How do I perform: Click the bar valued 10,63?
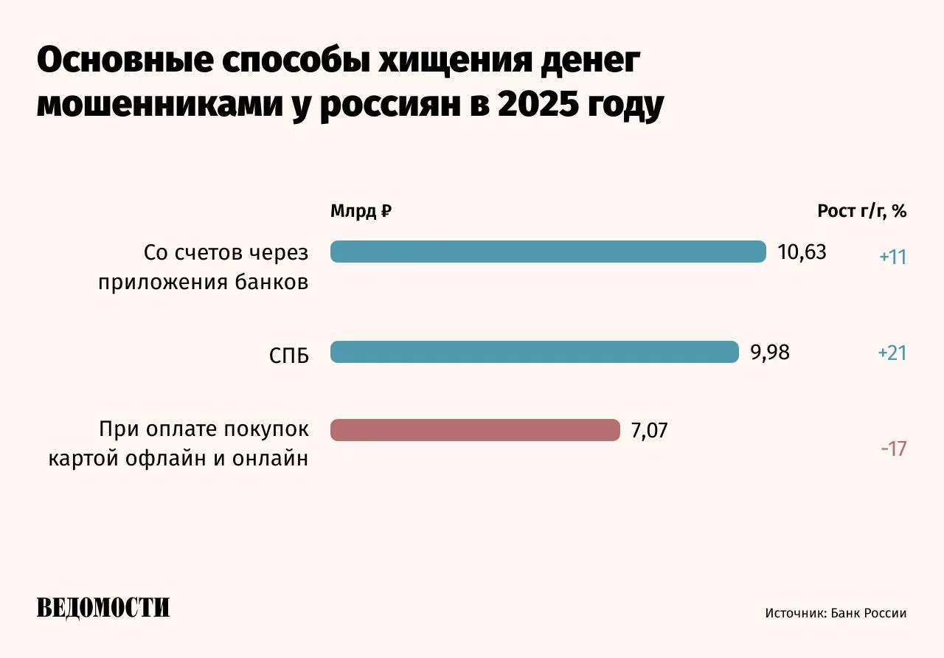pos(548,252)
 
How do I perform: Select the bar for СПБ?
pos(534,352)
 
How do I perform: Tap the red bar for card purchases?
pos(475,430)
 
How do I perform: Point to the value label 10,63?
pos(802,252)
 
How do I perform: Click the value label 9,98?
pos(770,353)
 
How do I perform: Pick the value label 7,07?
pos(649,431)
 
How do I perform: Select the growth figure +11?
pos(892,257)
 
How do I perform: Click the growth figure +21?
pos(892,353)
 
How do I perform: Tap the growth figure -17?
pos(892,449)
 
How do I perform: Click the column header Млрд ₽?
pos(361,212)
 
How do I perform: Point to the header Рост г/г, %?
pos(861,212)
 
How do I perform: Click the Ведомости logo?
pos(103,608)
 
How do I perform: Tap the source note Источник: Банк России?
pos(836,613)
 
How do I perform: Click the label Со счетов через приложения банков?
pos(204,268)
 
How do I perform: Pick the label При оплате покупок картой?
pos(179,444)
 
